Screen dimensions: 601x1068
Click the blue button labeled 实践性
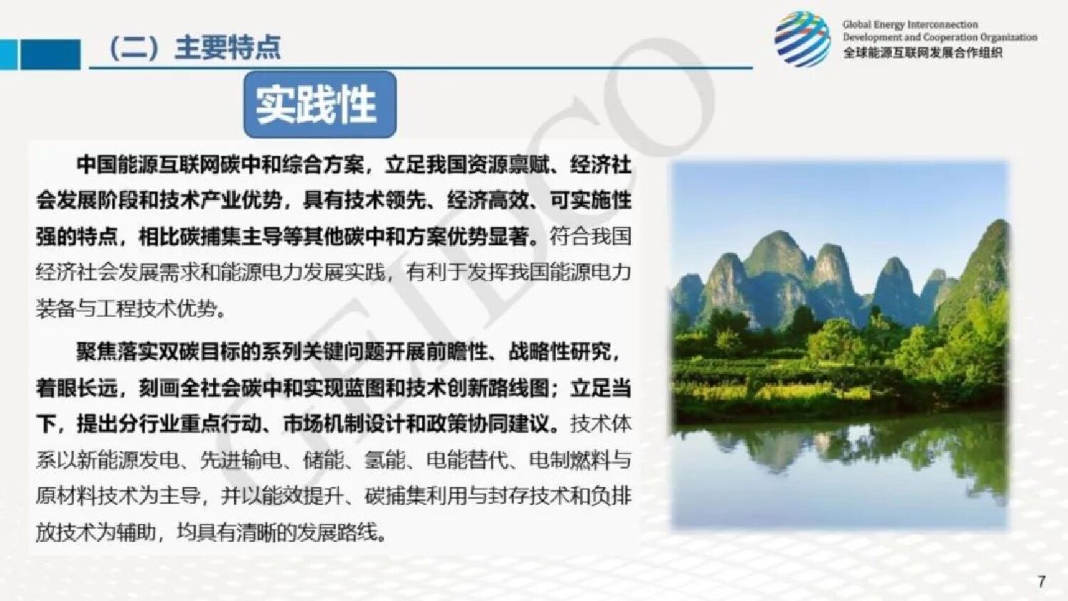(320, 104)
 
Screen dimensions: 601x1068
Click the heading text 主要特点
(227, 48)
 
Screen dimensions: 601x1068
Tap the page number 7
(1042, 581)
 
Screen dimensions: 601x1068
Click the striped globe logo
(802, 40)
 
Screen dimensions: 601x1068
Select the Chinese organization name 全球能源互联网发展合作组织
(922, 53)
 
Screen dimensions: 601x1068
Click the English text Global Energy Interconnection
(910, 25)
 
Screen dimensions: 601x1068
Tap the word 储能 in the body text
(323, 460)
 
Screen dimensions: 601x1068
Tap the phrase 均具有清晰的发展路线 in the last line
(277, 532)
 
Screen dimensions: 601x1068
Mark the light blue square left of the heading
(8, 54)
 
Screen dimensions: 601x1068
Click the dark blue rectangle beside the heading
(50, 54)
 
